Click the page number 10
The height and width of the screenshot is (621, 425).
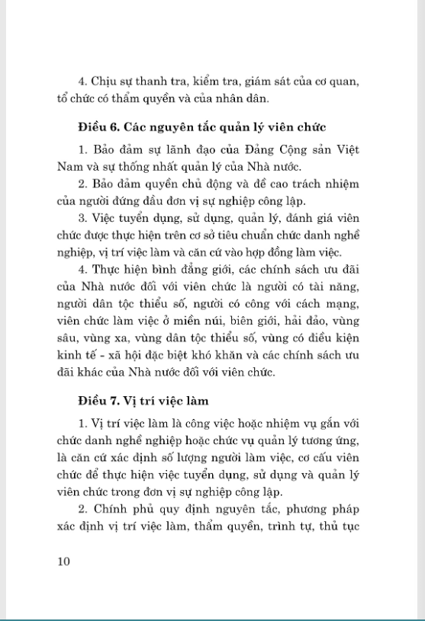(63, 562)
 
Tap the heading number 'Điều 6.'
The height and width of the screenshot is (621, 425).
(99, 126)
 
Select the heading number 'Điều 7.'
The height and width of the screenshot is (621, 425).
(99, 399)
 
